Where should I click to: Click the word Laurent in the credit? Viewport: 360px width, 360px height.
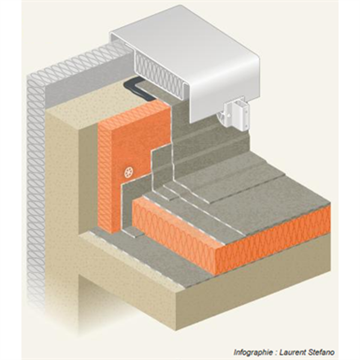click(x=292, y=353)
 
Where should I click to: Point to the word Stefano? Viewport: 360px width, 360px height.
click(x=321, y=353)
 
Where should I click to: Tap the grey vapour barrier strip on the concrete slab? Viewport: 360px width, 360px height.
click(x=147, y=255)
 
